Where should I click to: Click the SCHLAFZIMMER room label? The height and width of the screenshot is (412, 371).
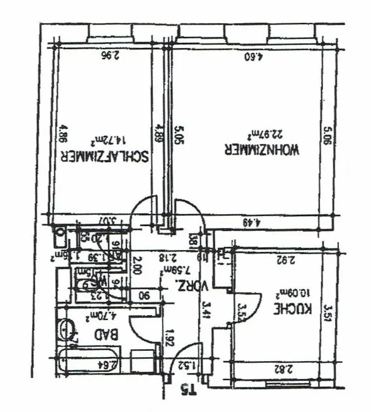pyautogui.click(x=104, y=156)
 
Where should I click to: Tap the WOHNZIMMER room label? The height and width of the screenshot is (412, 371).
pyautogui.click(x=262, y=150)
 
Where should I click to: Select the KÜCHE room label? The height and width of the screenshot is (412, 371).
pyautogui.click(x=293, y=309)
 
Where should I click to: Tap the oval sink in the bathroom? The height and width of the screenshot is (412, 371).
pyautogui.click(x=67, y=330)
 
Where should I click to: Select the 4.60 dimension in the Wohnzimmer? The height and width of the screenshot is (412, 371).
pyautogui.click(x=254, y=56)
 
